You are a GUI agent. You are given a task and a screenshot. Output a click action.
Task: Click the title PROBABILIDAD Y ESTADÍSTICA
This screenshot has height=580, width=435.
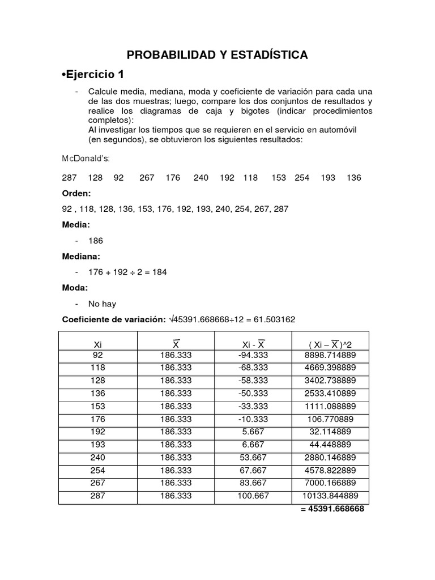[x=217, y=55]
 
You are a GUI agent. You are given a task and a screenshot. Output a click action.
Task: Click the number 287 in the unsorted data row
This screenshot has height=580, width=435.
[x=69, y=178]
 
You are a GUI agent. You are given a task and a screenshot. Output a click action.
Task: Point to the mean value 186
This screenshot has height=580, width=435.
[x=96, y=240]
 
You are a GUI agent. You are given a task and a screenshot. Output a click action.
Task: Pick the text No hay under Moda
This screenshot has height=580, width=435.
[x=102, y=304]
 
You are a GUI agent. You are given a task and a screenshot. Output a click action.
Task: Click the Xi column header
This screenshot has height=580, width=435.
[x=98, y=344]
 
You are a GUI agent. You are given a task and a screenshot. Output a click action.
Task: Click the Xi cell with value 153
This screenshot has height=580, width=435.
[x=98, y=406]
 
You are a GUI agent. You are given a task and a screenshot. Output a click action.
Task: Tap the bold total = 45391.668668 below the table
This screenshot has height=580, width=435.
[x=332, y=509]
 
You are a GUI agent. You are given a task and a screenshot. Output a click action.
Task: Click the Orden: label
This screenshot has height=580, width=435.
[x=76, y=193]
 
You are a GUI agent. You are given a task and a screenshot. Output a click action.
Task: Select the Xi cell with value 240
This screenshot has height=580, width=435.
[x=98, y=457]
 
